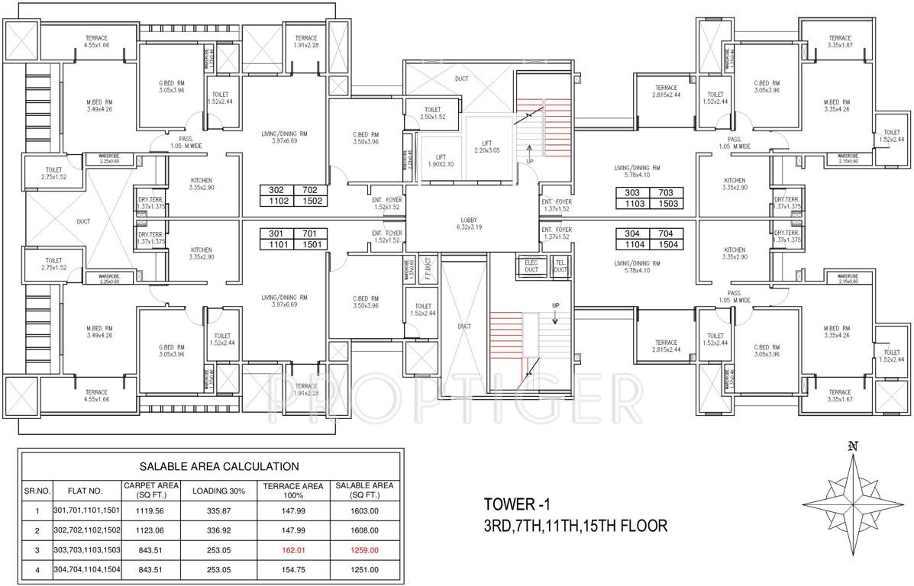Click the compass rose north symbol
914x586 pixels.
point(853,446)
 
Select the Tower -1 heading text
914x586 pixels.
point(516,504)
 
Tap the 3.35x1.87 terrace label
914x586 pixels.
point(839,42)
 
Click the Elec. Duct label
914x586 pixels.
point(531,264)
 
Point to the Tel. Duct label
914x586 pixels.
point(560,264)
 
